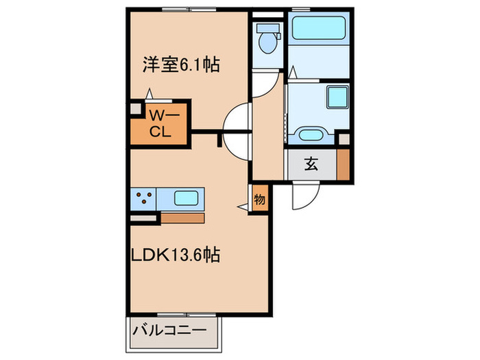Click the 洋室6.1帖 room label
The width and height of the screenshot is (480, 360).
tap(181, 65)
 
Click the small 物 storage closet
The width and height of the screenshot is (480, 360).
tap(260, 200)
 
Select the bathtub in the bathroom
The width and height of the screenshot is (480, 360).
tap(320, 29)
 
